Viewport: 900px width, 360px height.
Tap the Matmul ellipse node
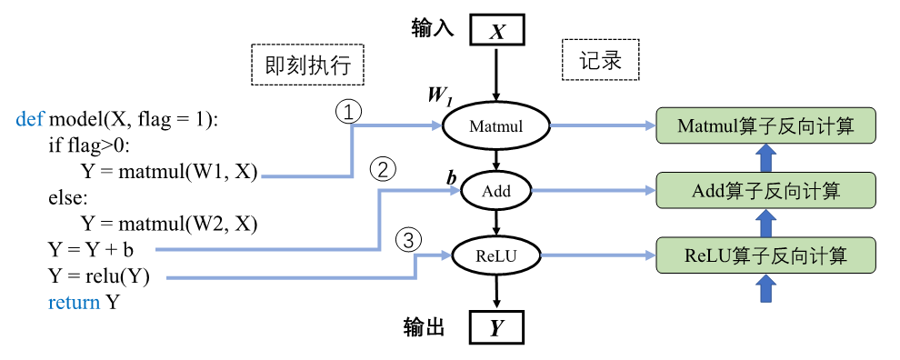click(495, 126)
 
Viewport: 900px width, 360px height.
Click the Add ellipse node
click(496, 192)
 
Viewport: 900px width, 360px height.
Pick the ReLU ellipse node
click(495, 257)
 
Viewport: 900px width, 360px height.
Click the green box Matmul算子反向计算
click(765, 126)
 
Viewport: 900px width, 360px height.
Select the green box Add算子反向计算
click(765, 191)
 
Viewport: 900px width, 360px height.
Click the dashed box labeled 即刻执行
click(307, 65)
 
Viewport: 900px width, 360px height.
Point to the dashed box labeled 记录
click(600, 61)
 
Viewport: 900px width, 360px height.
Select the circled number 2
click(383, 170)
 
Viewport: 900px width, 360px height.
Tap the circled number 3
click(410, 240)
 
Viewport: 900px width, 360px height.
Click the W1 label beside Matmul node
click(440, 95)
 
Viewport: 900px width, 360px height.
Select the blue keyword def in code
click(30, 120)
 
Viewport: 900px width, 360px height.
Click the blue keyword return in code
click(74, 303)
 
